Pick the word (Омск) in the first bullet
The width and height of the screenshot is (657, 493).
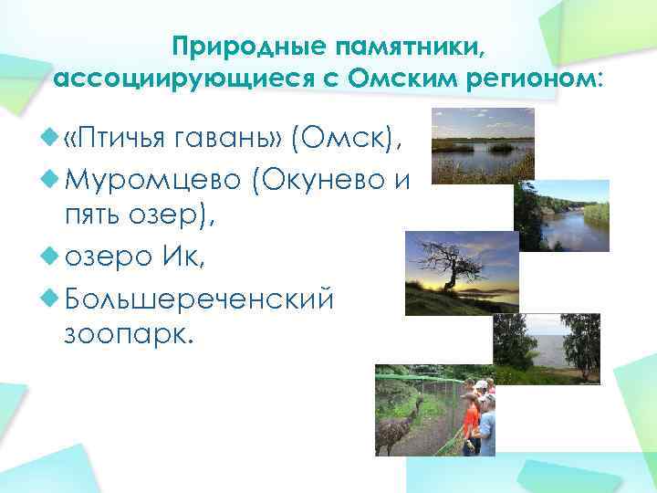[345, 140]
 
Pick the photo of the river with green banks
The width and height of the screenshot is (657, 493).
[560, 215]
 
